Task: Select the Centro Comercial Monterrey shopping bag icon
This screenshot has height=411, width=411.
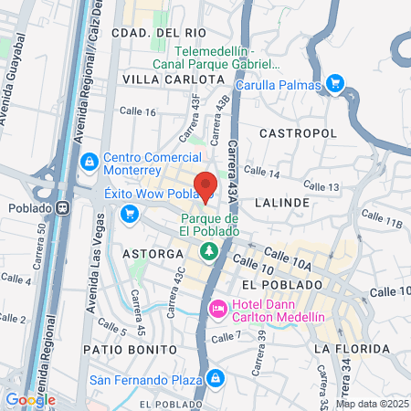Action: tap(90, 163)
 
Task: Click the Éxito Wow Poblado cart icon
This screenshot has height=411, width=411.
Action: tap(129, 214)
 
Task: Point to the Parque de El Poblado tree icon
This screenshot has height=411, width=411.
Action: tap(210, 248)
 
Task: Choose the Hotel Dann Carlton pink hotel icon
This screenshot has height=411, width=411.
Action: tap(218, 311)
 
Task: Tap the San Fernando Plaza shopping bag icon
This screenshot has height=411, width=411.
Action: tap(215, 377)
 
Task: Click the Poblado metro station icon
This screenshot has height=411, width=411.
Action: tap(63, 206)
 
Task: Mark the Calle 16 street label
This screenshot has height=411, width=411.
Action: tap(138, 111)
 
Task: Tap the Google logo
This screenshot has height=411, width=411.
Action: tap(30, 399)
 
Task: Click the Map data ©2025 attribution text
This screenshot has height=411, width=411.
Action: tap(372, 404)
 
